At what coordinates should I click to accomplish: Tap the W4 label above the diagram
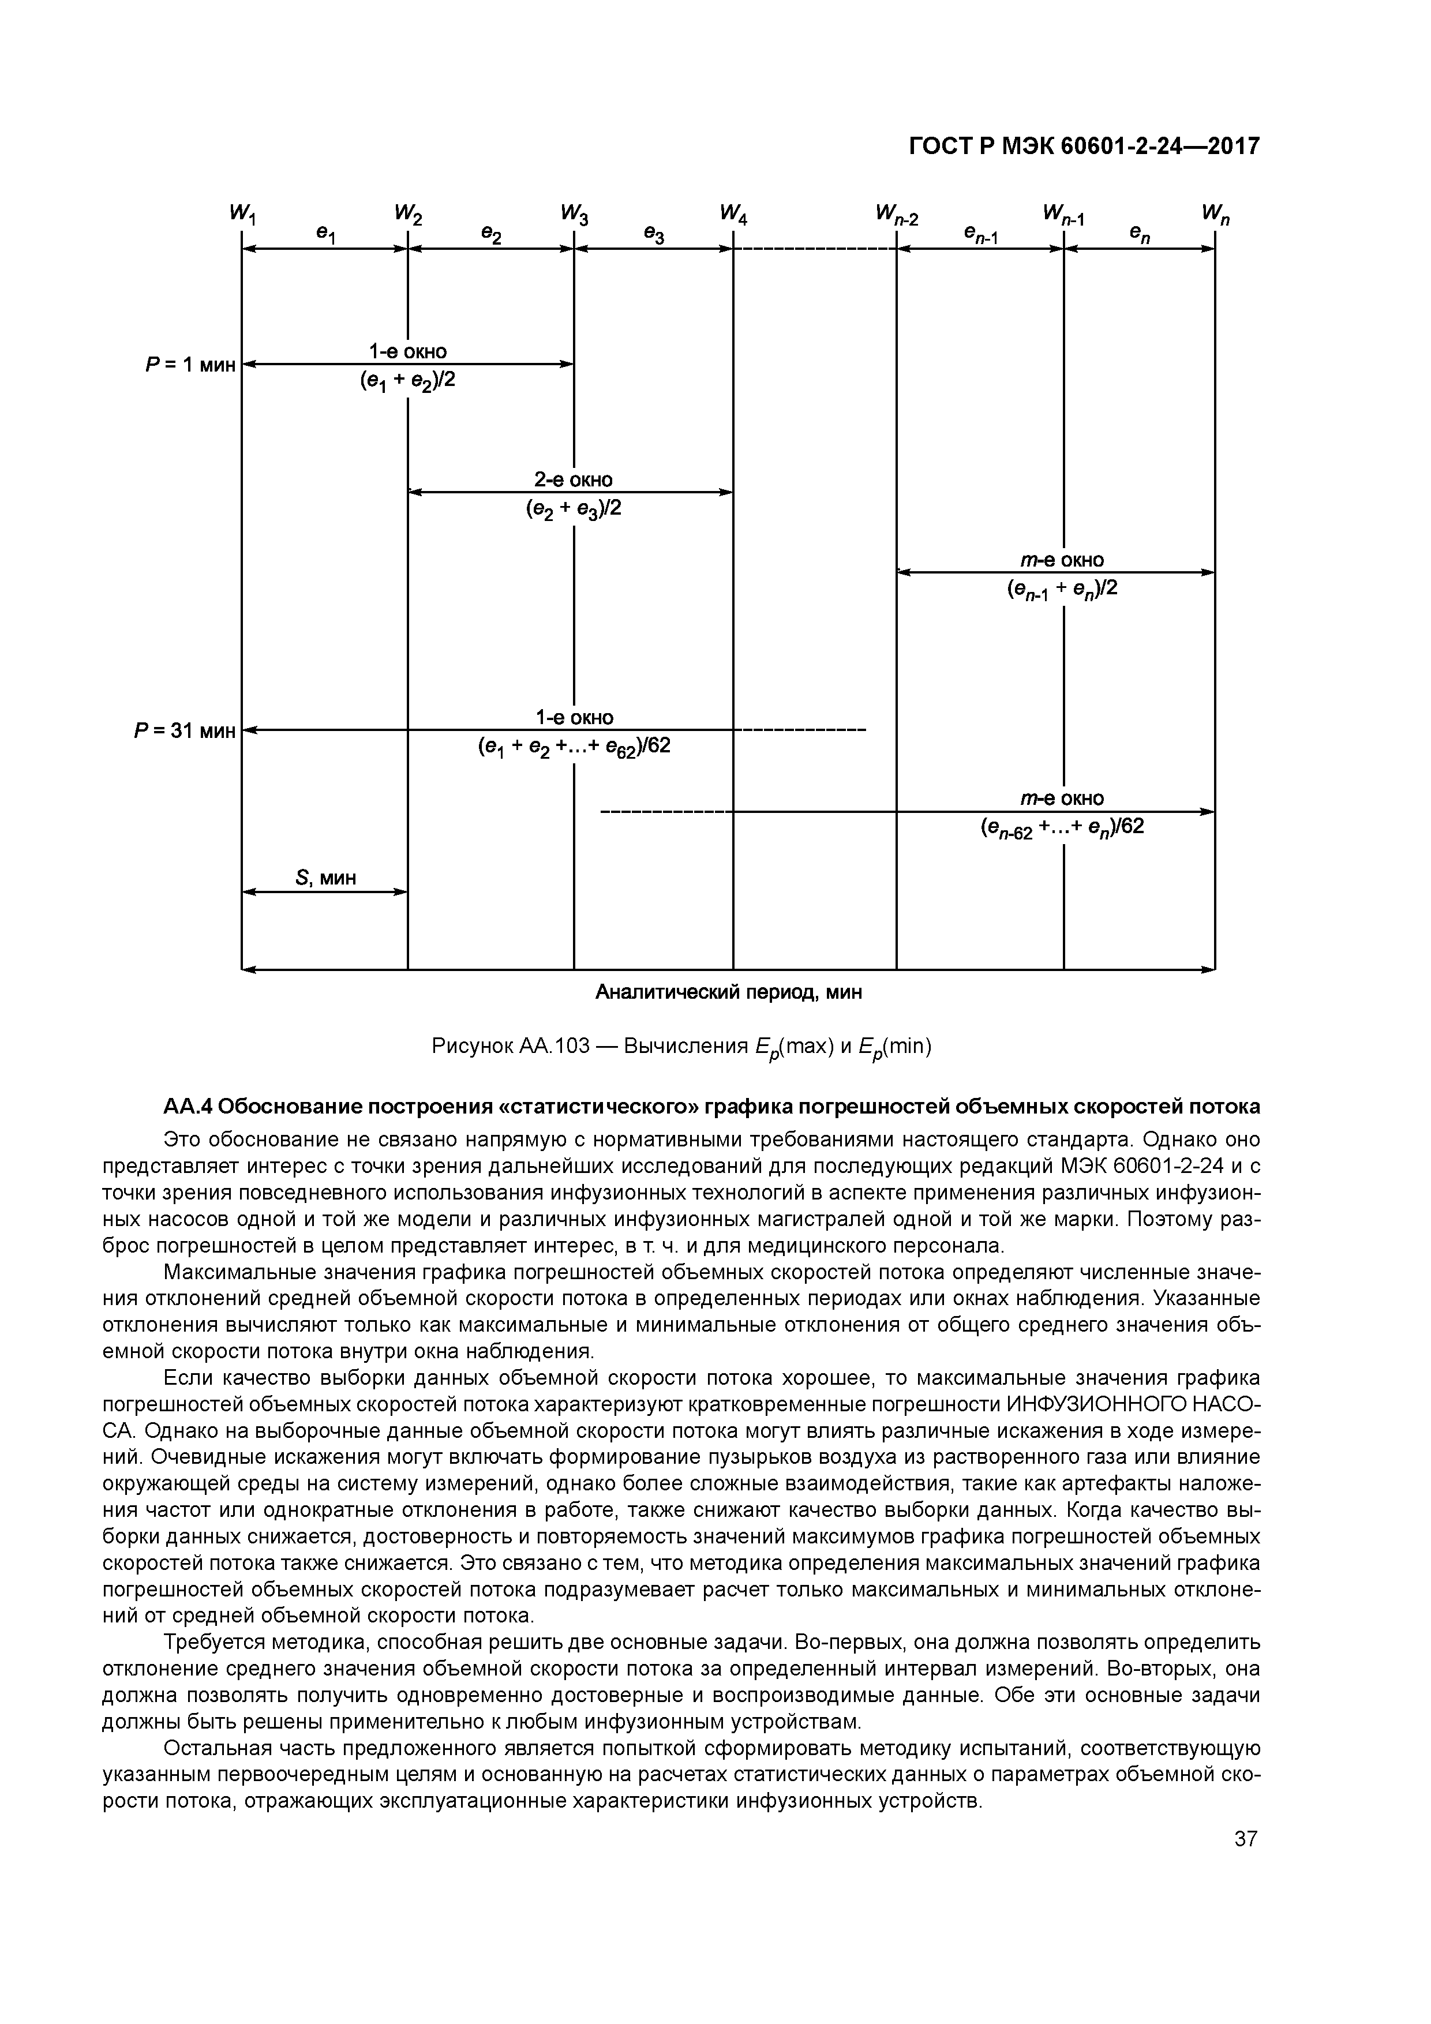733,214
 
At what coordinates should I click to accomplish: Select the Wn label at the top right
1214,214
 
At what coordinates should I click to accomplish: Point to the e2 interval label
491,234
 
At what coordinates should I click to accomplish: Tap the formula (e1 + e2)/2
407,381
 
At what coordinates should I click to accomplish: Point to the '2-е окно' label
573,479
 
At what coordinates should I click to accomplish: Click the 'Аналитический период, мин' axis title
728,992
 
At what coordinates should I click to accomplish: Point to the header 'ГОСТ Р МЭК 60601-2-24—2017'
1084,147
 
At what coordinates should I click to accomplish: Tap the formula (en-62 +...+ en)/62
1062,827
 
